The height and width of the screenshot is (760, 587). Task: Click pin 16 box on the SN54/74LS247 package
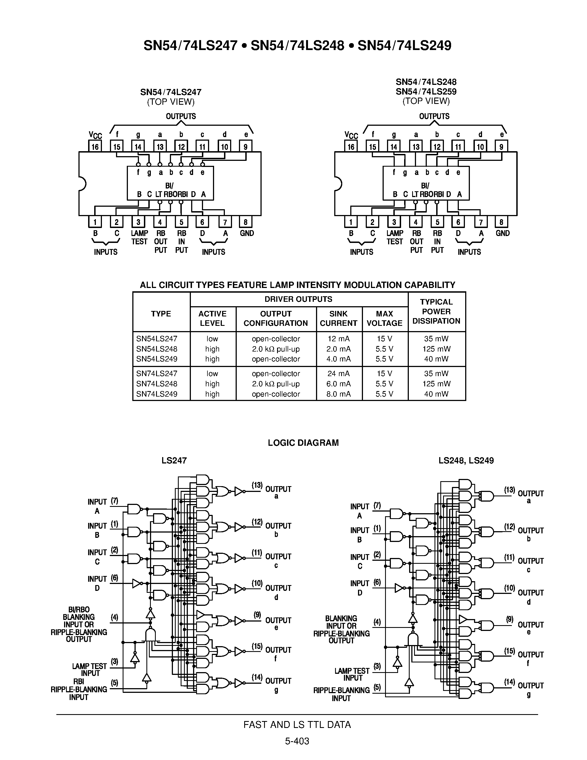95,146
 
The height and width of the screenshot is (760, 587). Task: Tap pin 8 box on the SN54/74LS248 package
501,222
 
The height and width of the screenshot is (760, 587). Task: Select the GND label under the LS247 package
247,233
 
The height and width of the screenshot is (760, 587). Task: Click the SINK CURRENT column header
338,318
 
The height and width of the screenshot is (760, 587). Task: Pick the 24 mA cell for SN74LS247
338,373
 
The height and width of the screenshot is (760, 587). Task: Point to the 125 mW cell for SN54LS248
436,349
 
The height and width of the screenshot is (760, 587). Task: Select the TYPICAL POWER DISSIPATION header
436,311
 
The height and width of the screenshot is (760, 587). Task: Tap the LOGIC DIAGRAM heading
303,443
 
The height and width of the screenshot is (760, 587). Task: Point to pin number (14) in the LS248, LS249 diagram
509,682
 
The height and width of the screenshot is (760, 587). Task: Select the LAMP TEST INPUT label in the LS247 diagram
90,670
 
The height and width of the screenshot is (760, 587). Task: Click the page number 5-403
297,741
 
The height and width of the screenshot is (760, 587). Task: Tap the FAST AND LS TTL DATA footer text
297,725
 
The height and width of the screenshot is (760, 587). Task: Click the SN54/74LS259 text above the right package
426,91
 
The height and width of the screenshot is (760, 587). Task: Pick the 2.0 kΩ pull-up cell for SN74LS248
276,384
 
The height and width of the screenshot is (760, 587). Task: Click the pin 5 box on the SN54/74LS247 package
181,222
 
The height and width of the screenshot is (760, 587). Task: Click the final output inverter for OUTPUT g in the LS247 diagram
239,683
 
